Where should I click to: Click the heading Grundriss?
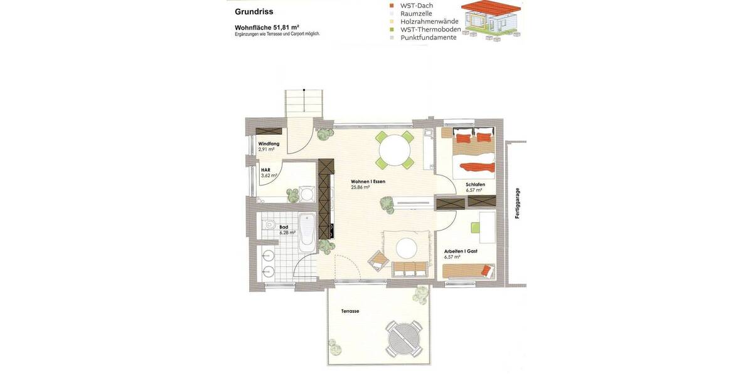point(254,12)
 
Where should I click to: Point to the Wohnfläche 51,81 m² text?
point(267,27)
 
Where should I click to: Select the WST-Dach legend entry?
point(416,6)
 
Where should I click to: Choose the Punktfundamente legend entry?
point(428,38)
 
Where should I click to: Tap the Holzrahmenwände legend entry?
point(429,21)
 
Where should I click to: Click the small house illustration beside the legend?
point(491,21)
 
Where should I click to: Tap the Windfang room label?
point(269,144)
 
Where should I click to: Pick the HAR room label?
point(265,170)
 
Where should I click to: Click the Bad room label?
point(284,227)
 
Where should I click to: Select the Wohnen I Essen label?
point(368,182)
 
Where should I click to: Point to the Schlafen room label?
point(475,184)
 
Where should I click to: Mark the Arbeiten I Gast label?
point(461,251)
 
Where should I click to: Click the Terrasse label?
point(350,311)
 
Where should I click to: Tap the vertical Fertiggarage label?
point(517,203)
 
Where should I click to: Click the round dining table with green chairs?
point(395,150)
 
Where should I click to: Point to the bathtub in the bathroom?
point(307,230)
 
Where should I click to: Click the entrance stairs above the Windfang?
point(304,103)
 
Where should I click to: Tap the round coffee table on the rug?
point(407,248)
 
